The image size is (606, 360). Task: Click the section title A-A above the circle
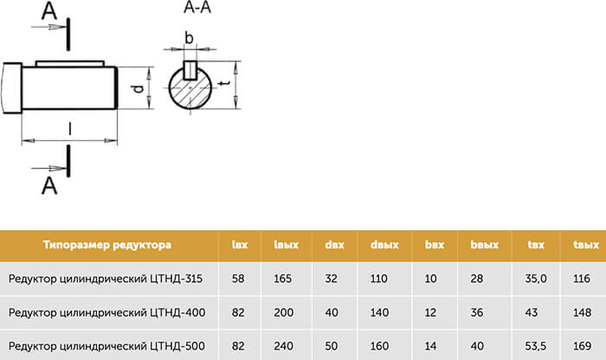(x=197, y=7)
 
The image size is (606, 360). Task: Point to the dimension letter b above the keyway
(x=189, y=38)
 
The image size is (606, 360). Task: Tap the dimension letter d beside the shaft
(x=138, y=89)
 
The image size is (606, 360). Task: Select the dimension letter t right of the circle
(x=225, y=83)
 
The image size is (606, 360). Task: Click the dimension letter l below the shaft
(x=70, y=129)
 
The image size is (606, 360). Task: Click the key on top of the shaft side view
(x=70, y=64)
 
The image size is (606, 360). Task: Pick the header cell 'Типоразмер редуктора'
(x=107, y=245)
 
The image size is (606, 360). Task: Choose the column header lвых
(x=287, y=245)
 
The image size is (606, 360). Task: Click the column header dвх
(x=335, y=245)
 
